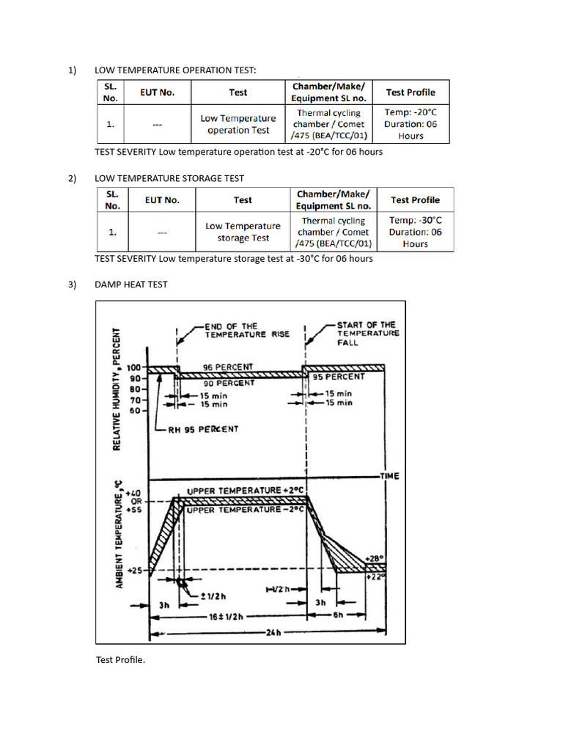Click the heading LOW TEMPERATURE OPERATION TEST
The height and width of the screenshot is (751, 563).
176,70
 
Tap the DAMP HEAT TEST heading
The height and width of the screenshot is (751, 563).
131,285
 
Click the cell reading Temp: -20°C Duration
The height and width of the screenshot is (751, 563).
411,124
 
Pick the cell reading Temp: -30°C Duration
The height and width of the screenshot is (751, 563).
415,232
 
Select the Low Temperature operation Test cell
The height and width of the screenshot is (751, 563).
238,124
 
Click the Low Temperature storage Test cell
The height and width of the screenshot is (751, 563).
243,232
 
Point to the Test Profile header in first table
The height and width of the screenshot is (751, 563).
411,92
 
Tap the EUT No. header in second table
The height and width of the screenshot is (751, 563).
162,200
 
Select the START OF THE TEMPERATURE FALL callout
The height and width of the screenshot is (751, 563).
367,333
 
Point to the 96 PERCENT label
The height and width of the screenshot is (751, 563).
228,367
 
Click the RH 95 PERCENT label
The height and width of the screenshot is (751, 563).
203,429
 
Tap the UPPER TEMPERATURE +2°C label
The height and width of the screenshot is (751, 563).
245,490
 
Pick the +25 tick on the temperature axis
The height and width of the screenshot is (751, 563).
135,570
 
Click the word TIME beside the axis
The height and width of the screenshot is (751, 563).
389,476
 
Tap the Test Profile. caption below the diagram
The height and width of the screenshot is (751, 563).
121,660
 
